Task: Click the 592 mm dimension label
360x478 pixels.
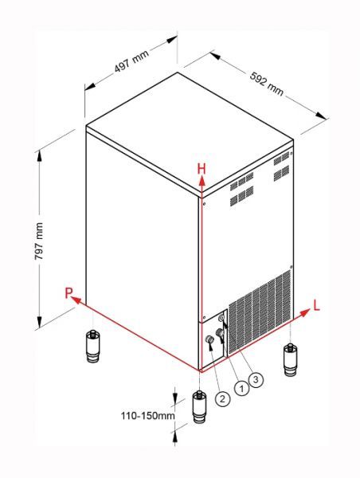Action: coord(267,84)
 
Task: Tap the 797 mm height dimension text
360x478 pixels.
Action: coord(39,241)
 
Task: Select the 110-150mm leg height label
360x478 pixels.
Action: coord(148,416)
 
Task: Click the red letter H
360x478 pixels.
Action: coord(202,169)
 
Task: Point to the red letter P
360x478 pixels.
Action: coord(68,293)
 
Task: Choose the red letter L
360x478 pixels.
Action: coord(317,305)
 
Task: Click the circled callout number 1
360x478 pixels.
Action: coord(242,389)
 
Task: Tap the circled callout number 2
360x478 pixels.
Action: coord(222,398)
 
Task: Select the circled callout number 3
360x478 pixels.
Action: coord(256,379)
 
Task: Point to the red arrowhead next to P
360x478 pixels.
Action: coord(76,300)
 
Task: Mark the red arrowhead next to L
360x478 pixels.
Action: coord(305,312)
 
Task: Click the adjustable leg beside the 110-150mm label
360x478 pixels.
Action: coord(199,407)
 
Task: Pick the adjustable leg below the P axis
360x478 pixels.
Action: coord(92,347)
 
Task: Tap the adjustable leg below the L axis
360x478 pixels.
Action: coord(290,360)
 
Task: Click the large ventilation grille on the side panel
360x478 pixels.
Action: coord(260,311)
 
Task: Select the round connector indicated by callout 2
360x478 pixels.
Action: coord(209,339)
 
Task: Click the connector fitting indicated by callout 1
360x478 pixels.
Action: coord(219,332)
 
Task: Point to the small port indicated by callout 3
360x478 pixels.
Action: coord(221,318)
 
